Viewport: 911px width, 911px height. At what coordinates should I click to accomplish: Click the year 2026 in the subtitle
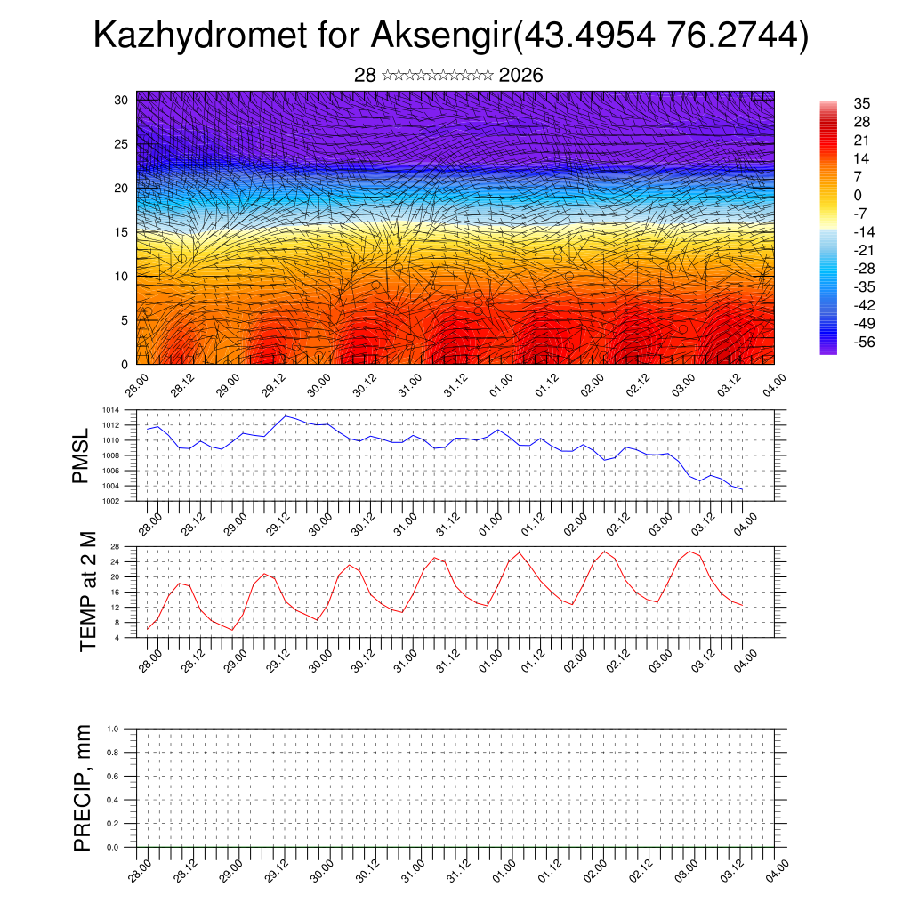520,76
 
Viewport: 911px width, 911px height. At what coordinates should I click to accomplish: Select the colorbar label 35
861,103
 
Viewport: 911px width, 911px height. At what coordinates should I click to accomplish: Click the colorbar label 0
858,195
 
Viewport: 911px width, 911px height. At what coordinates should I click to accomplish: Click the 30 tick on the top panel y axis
121,100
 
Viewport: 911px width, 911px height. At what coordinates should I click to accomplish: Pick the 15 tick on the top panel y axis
121,232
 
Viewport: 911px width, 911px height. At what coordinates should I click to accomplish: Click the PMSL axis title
82,455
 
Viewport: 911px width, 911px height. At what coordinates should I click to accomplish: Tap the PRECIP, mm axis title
83,787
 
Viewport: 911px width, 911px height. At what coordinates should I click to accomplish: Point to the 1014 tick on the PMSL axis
110,410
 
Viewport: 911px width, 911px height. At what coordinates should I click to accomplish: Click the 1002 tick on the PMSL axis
110,501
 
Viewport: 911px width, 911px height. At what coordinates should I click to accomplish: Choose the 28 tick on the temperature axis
115,546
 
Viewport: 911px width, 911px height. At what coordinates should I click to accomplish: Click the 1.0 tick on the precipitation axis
112,729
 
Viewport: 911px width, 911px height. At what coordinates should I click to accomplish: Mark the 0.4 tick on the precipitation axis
112,800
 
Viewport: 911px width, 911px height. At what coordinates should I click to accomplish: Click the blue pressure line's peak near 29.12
286,415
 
